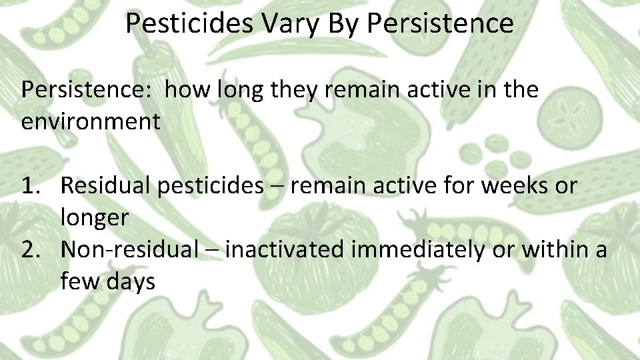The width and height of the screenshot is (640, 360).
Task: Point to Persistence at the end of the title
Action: tap(440, 24)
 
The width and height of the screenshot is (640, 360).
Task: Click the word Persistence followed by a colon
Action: tap(87, 90)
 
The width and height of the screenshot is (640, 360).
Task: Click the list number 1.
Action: tap(33, 186)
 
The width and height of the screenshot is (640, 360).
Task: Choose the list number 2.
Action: tap(33, 250)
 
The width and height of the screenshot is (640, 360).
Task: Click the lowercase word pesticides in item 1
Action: tap(211, 186)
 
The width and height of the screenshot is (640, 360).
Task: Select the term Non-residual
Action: tap(129, 250)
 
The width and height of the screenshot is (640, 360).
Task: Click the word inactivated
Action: tap(285, 250)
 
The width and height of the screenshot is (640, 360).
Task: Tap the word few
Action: tap(79, 281)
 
